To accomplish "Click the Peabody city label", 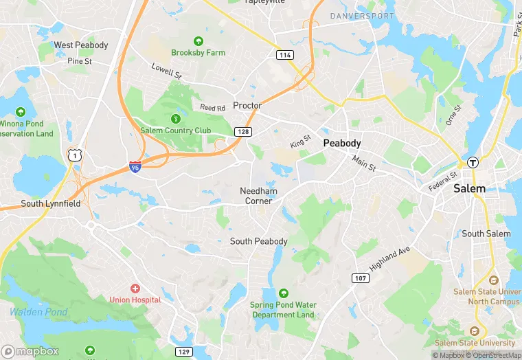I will point(342,143).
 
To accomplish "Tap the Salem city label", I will point(469,188).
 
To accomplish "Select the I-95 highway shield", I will point(136,166).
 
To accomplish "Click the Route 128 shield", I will point(245,131).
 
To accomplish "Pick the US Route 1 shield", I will point(74,155).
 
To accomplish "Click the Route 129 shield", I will point(185,352).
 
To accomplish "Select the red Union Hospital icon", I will point(135,288).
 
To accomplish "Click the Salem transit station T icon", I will point(473,162).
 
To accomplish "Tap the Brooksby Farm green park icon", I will point(198,41).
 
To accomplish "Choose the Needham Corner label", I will point(258,196).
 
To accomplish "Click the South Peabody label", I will point(258,241).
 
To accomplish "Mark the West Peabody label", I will point(81,45).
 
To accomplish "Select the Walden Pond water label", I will point(38,312).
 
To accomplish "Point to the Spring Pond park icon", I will point(283,293).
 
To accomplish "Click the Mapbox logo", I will point(30,350).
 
